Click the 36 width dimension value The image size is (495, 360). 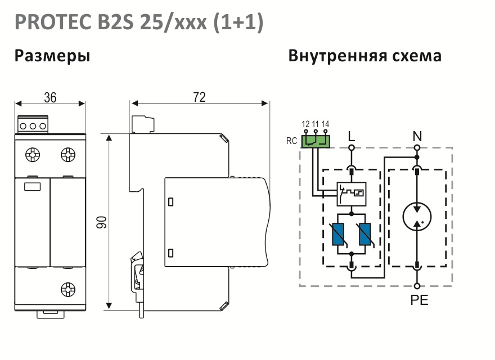click(x=50, y=97)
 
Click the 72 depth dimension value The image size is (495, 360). click(x=199, y=97)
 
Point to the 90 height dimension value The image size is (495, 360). click(x=102, y=222)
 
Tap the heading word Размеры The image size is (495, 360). click(x=52, y=56)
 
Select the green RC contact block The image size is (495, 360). click(x=316, y=142)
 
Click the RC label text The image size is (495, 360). click(x=292, y=141)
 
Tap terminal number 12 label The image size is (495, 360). click(x=305, y=124)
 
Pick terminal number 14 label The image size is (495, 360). click(x=325, y=124)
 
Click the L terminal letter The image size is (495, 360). click(x=352, y=137)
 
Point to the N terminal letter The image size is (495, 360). click(x=417, y=137)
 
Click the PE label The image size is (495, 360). click(x=419, y=300)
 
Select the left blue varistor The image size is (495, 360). click(x=338, y=234)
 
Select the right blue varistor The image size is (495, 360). click(x=365, y=234)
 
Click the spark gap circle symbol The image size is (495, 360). click(x=417, y=217)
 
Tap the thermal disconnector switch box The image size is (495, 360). click(x=352, y=194)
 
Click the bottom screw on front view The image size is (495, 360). click(x=68, y=290)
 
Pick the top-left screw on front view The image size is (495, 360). click(x=33, y=155)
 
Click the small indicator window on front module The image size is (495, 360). click(x=32, y=187)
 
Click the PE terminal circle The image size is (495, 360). click(x=417, y=286)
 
